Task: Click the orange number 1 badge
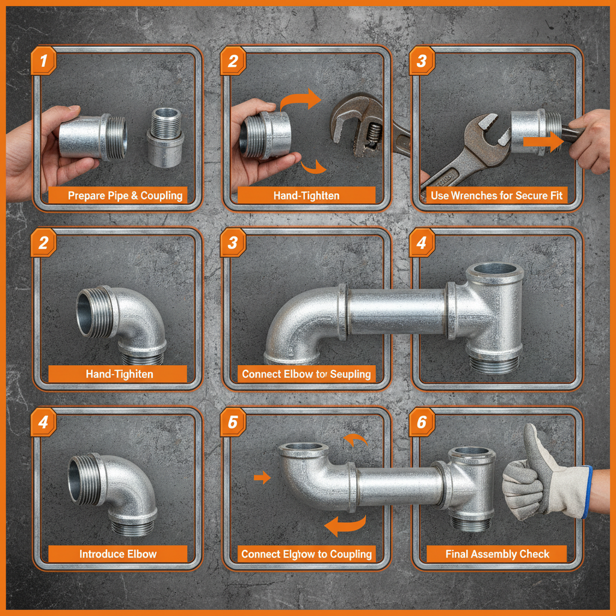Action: (x=43, y=61)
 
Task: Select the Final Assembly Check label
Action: (x=497, y=554)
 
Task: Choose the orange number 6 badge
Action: (x=422, y=422)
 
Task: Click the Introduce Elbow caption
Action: (x=118, y=554)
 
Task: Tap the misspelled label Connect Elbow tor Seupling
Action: (x=306, y=374)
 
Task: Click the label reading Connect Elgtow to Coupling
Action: (x=306, y=554)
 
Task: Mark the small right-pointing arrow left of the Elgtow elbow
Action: (x=262, y=478)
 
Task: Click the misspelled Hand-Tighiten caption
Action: (x=119, y=374)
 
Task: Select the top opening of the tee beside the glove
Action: (x=473, y=451)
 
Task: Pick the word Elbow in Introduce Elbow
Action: (x=142, y=554)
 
